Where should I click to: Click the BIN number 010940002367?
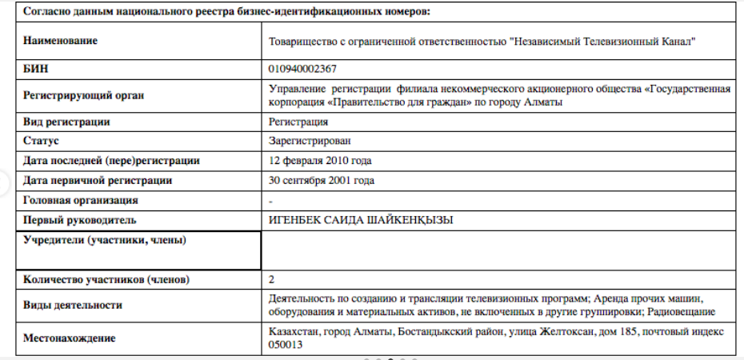point(303,70)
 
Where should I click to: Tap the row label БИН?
point(36,70)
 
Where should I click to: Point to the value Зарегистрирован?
point(310,141)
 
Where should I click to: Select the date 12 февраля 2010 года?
point(321,160)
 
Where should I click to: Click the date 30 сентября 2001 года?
point(322,180)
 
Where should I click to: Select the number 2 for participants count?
point(274,279)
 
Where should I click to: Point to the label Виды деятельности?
point(73,305)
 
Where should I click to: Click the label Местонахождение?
point(70,338)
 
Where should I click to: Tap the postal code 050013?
point(286,344)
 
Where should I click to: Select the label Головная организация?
point(81,200)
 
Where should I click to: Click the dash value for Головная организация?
point(273,200)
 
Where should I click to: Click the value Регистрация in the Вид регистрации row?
point(299,122)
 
